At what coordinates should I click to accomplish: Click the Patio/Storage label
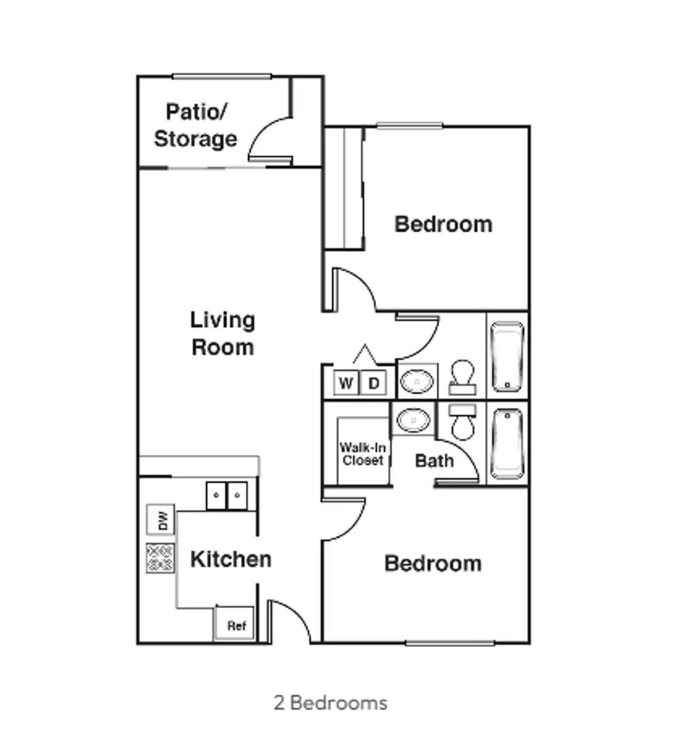[196, 125]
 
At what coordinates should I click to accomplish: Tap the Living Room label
[222, 334]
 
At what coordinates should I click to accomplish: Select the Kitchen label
[231, 559]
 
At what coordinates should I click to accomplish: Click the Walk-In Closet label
[363, 454]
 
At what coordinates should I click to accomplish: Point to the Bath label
[434, 461]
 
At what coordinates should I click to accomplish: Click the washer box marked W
[345, 383]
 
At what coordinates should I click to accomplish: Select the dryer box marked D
[373, 383]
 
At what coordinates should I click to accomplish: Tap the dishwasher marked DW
[161, 519]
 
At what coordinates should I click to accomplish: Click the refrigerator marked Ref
[235, 624]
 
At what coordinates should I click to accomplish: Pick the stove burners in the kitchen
[160, 558]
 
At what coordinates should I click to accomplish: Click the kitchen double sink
[227, 496]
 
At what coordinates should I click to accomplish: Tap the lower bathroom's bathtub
[507, 443]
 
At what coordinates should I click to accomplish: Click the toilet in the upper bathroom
[462, 377]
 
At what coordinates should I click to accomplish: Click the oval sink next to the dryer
[417, 381]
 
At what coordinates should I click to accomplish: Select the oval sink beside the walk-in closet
[414, 420]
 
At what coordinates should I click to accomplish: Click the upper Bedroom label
[443, 225]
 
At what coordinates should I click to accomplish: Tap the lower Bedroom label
[433, 563]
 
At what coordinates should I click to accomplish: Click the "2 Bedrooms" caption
[330, 703]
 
